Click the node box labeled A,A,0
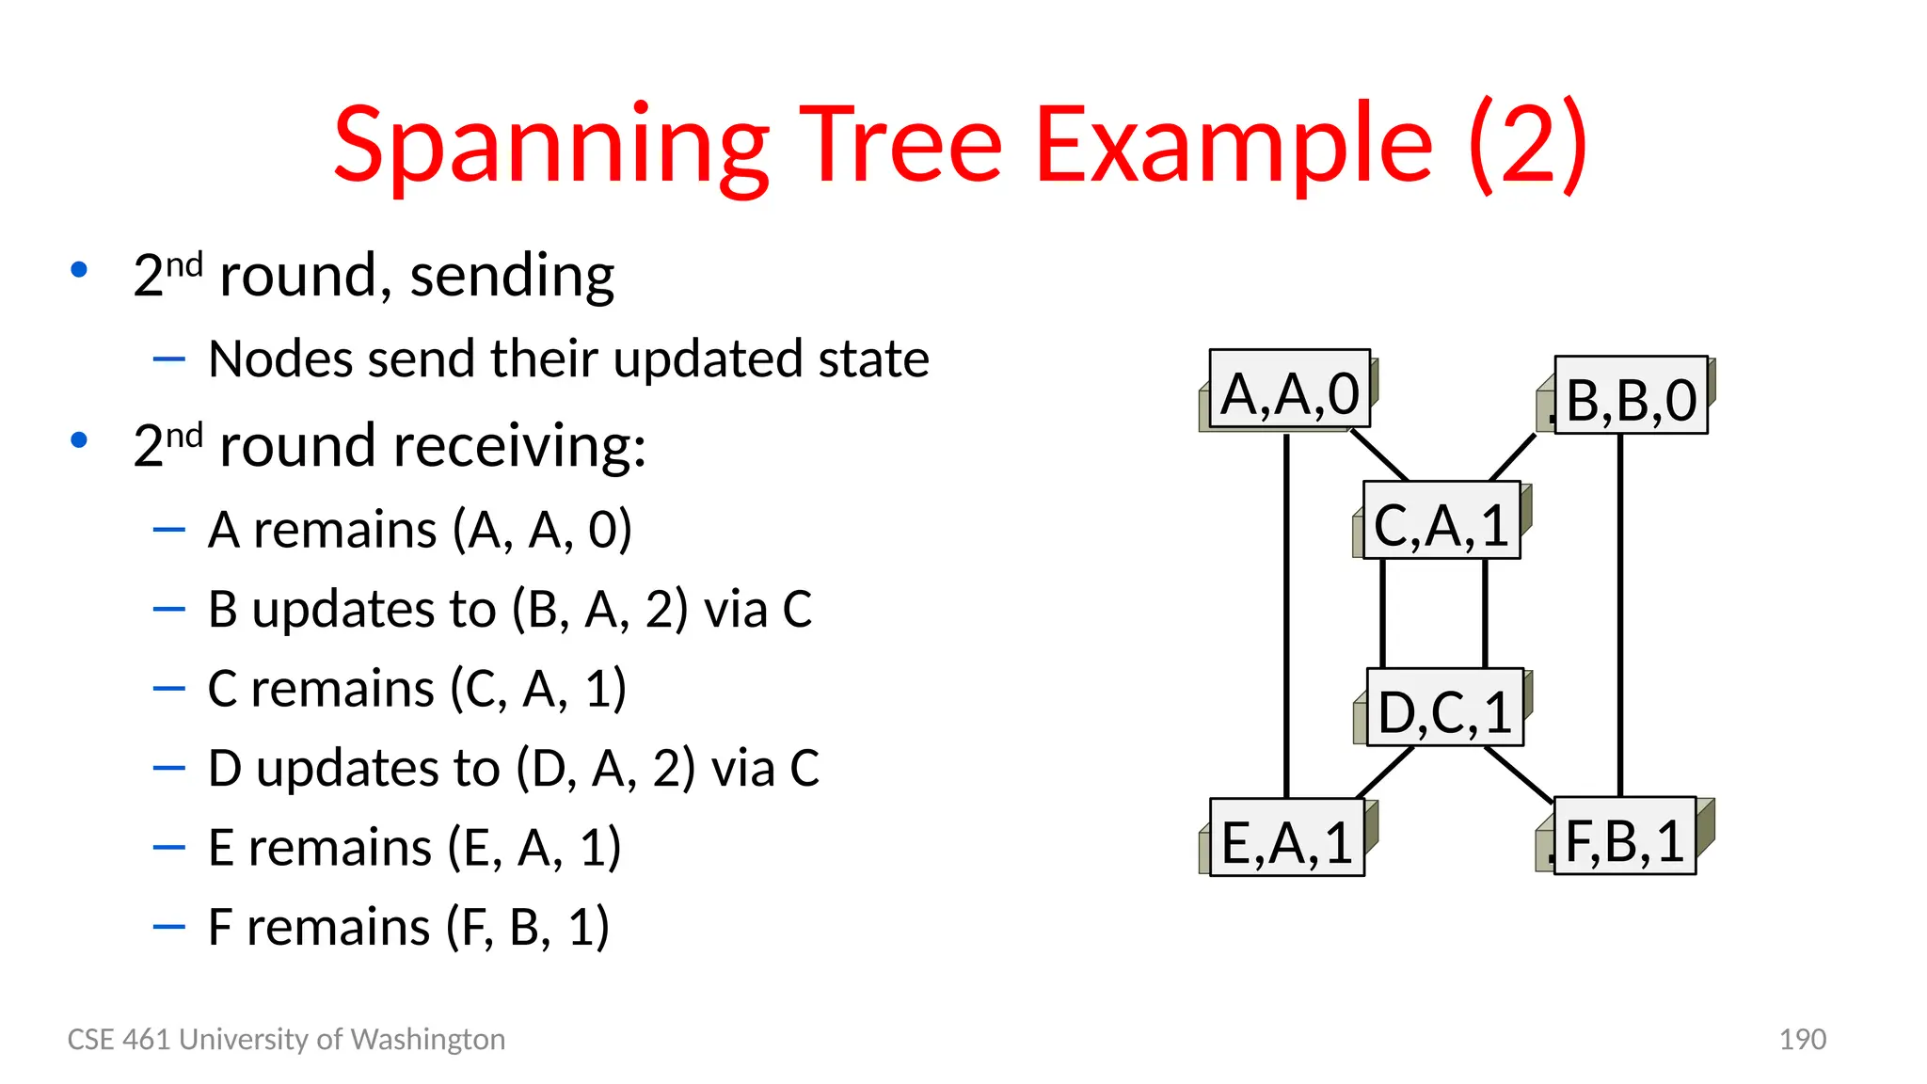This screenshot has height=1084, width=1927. [x=1289, y=391]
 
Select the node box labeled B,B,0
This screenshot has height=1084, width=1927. [x=1630, y=397]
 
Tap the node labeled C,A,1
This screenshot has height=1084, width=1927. [x=1441, y=521]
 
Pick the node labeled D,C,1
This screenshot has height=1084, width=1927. [x=1444, y=709]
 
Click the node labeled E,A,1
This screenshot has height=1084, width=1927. [x=1286, y=838]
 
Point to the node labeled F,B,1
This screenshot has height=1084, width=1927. [x=1624, y=837]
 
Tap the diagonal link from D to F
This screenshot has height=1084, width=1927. [x=1519, y=774]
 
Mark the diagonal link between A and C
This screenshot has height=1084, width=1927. [x=1379, y=455]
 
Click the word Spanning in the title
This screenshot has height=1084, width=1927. [x=551, y=146]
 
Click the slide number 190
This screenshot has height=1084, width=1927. [x=1802, y=1039]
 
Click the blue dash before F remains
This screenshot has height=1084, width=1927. [x=168, y=928]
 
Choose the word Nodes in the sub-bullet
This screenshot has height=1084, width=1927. [x=283, y=359]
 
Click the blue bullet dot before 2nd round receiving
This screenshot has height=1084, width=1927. [x=79, y=439]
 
